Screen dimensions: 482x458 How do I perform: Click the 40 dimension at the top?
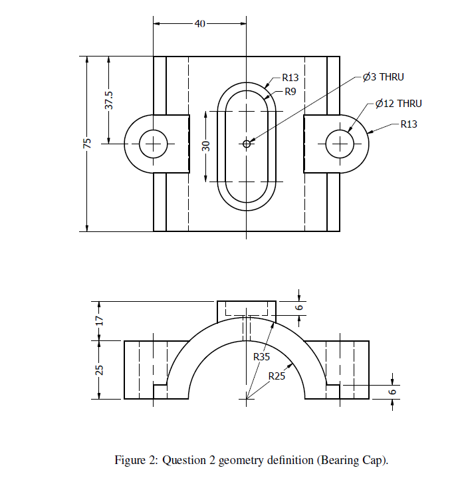click(x=199, y=24)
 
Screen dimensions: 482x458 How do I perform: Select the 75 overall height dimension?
click(x=86, y=144)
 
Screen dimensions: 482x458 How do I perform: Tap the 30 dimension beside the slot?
click(x=206, y=146)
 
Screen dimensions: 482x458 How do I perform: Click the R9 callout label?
click(x=290, y=92)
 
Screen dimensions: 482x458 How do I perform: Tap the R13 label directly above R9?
click(x=290, y=77)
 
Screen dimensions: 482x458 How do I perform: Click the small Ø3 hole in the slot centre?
click(x=247, y=143)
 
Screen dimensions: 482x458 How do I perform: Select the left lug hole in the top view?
click(x=154, y=143)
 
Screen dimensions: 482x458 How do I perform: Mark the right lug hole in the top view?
click(x=340, y=143)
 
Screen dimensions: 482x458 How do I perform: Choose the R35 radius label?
click(x=263, y=357)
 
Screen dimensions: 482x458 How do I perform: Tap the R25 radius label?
click(x=277, y=376)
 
